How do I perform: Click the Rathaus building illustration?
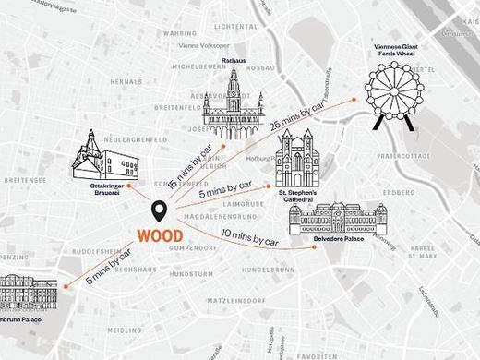(x=233, y=106)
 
